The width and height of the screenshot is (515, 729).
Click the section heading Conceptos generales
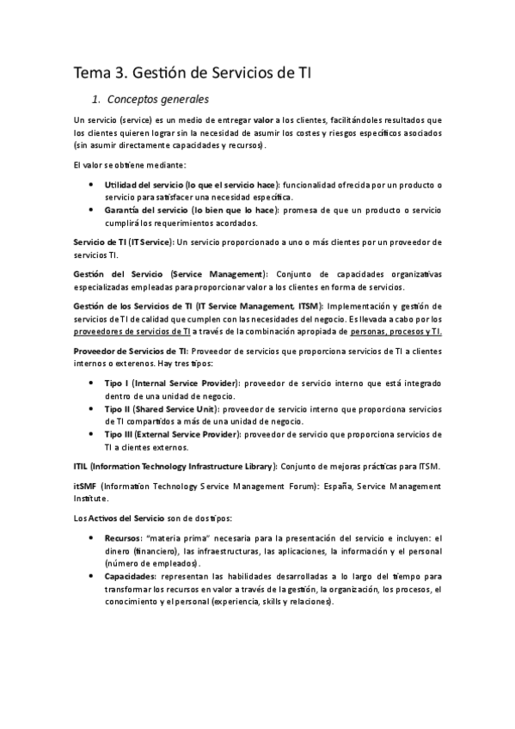(158, 99)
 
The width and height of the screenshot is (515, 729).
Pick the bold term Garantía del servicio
(149, 211)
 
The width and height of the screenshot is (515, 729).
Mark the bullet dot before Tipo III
(91, 434)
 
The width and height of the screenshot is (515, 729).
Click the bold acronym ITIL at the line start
(81, 466)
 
